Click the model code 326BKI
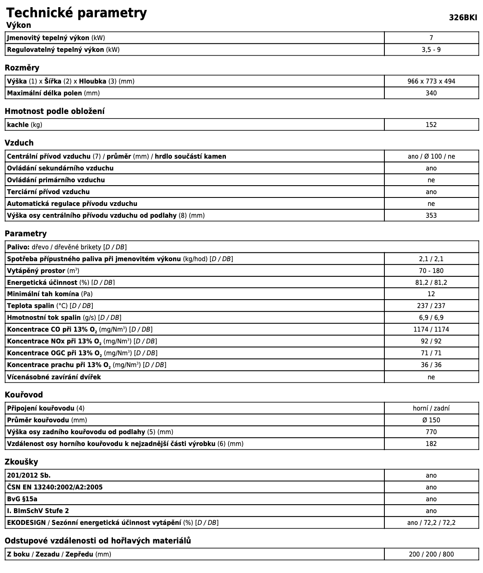[463, 17]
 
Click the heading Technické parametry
[76, 13]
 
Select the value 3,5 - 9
[431, 50]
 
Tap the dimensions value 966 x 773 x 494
[431, 81]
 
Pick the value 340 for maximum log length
[431, 93]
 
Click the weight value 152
[431, 125]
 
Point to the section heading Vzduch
[19, 143]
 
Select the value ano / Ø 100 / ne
[431, 157]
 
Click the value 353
[431, 216]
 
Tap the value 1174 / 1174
[431, 330]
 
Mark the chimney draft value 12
[431, 294]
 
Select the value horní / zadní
[431, 408]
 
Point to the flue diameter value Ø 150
[431, 420]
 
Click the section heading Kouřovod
[24, 395]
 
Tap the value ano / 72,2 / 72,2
[431, 523]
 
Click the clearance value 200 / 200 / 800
[431, 554]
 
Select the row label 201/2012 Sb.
[29, 476]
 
